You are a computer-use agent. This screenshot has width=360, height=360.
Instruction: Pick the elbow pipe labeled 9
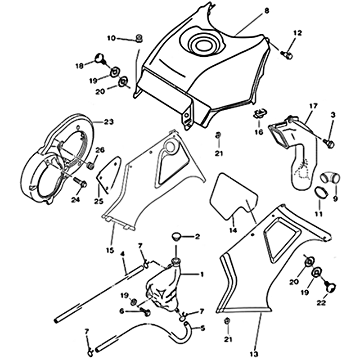click(x=328, y=178)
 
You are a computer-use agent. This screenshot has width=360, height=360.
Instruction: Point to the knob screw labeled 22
click(x=329, y=284)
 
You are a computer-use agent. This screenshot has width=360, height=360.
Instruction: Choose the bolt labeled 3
click(x=329, y=143)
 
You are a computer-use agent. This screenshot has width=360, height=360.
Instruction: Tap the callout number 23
click(x=108, y=121)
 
